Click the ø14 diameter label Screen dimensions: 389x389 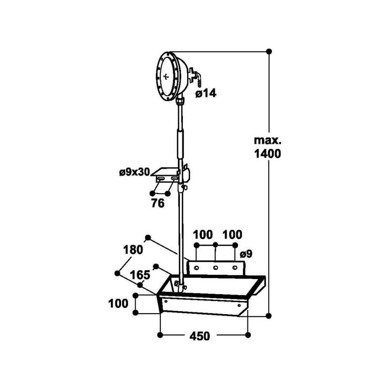(206, 93)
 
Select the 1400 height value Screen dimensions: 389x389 (267, 154)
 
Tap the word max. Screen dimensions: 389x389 (267, 141)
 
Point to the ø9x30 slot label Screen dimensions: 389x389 (135, 172)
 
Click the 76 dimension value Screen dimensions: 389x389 (158, 203)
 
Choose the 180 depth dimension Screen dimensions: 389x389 (133, 249)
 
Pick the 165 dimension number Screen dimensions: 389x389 (141, 275)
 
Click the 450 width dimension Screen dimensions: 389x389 (200, 336)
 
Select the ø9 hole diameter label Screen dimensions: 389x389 (246, 253)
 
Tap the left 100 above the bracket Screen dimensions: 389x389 (203, 234)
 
